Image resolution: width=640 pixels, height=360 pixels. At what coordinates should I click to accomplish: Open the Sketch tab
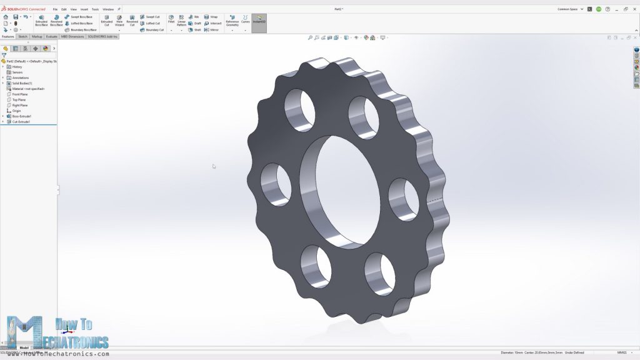pos(22,36)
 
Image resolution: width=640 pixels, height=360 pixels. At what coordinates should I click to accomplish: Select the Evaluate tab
pos(51,36)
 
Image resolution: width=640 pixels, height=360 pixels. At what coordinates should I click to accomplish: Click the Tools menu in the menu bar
pos(95,9)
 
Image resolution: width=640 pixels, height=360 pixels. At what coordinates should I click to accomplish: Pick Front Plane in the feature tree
pos(19,94)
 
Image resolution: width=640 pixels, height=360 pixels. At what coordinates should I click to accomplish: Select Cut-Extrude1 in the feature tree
pos(21,122)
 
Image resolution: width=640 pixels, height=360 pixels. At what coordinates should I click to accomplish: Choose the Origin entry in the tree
pos(17,111)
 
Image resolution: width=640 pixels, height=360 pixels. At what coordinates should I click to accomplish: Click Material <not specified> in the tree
pos(28,89)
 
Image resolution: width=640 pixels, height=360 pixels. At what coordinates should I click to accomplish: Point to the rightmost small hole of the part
pos(404,198)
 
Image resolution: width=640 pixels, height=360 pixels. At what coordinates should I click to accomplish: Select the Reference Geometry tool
pos(232,21)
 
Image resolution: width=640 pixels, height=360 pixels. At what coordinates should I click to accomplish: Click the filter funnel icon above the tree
pos(4,55)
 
